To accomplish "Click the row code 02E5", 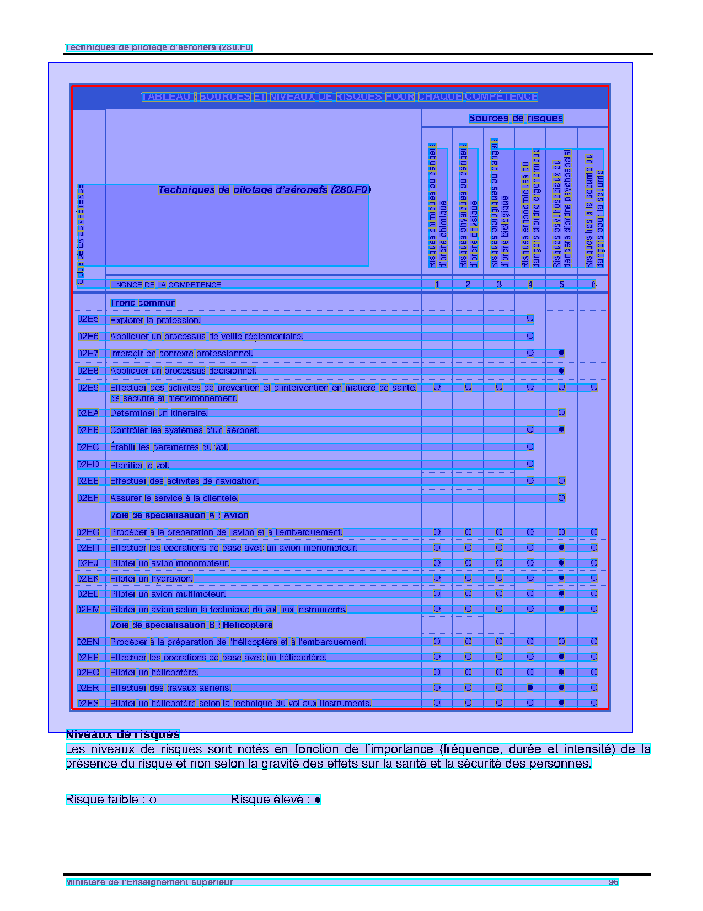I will coord(88,319).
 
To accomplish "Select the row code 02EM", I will coord(88,610).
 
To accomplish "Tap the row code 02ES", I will coord(88,704).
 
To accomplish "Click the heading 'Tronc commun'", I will coord(142,303).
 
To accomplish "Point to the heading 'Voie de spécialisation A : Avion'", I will coord(179,515).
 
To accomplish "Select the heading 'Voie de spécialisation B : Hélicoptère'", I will coord(191,625).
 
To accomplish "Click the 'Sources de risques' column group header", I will coord(516,118).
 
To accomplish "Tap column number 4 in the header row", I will coord(530,285).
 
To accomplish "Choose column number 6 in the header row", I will coord(594,285).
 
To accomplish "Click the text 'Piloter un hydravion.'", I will coord(152,579).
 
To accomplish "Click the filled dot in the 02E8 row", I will coord(561,371).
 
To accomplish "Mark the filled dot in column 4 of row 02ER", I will coord(530,688).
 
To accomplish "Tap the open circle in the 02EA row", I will coord(561,413).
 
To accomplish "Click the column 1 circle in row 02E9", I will coord(437,387).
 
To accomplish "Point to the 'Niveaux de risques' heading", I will coord(123,734).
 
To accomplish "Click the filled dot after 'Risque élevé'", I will coord(318,800).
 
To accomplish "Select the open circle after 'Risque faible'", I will coord(153,800).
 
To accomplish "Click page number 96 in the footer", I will coord(613,882).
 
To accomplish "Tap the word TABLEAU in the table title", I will coord(166,97).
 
